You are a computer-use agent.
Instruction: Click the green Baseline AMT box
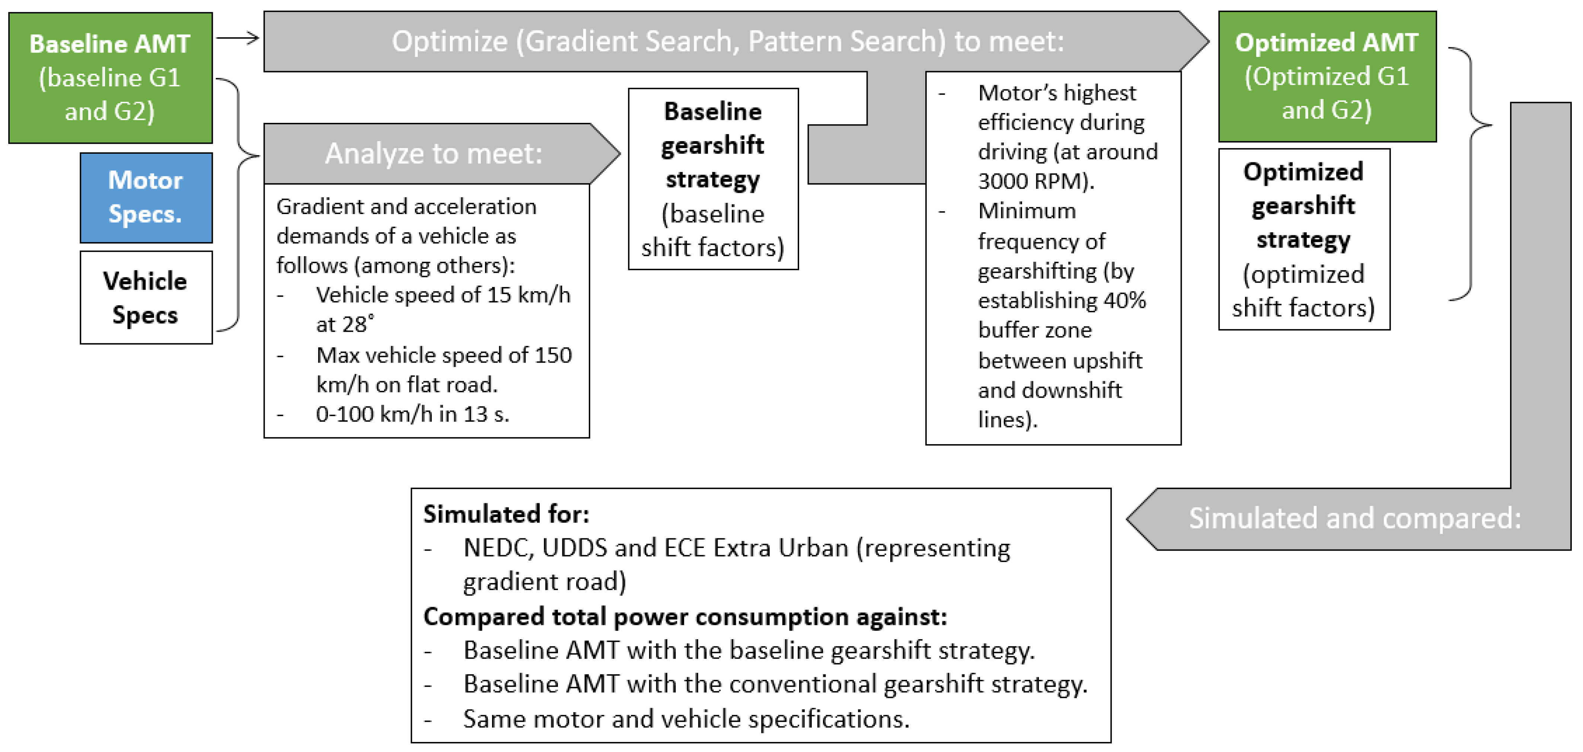pyautogui.click(x=110, y=77)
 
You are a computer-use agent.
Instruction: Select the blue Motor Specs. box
pyautogui.click(x=146, y=197)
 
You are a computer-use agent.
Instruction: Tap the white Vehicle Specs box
pyautogui.click(x=146, y=297)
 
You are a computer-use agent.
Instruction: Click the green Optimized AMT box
pyautogui.click(x=1327, y=76)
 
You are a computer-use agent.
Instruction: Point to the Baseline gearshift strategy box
pyautogui.click(x=713, y=179)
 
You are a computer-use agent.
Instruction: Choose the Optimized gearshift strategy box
pyautogui.click(x=1303, y=239)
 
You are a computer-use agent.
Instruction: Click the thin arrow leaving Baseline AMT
pyautogui.click(x=237, y=38)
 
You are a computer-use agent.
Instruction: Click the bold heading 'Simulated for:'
pyautogui.click(x=506, y=514)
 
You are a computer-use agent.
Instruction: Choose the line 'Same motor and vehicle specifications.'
pyautogui.click(x=686, y=719)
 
